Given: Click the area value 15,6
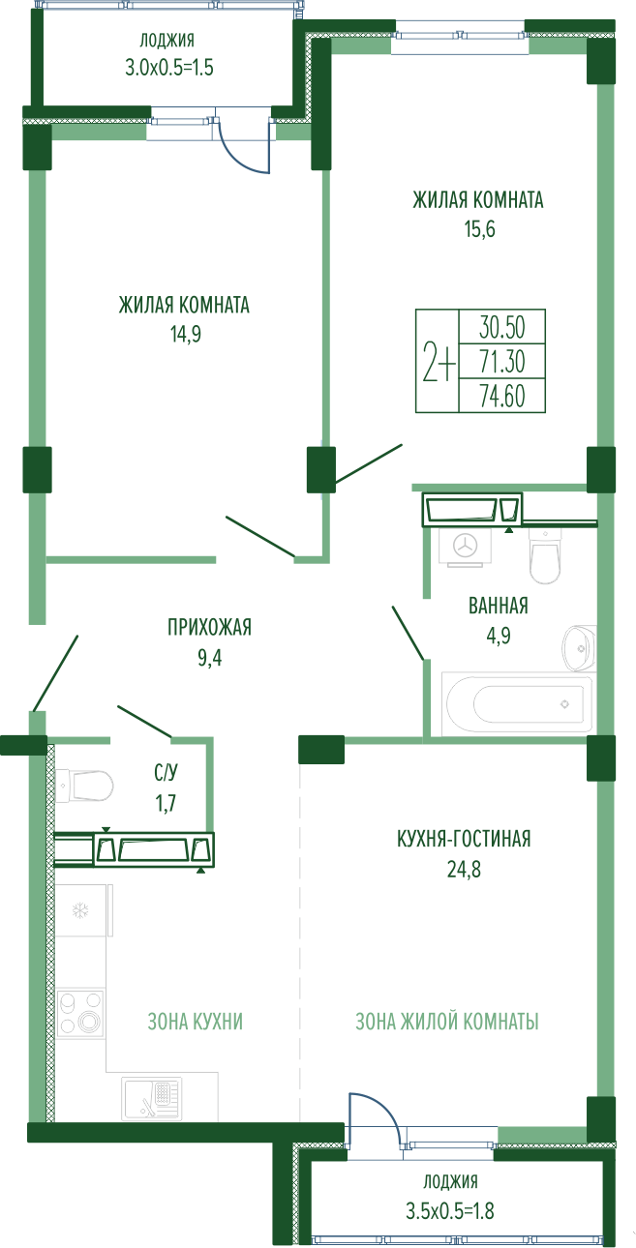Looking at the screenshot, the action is [x=480, y=229].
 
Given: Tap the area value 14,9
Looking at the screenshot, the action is [x=186, y=334].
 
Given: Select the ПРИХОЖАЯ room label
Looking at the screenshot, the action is [x=210, y=627].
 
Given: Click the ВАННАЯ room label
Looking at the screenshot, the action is [x=499, y=606].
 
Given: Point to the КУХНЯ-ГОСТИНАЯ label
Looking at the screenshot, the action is [x=464, y=839].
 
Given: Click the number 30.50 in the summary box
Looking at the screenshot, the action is [x=502, y=327].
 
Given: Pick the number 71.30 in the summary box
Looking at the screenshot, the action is [x=502, y=362].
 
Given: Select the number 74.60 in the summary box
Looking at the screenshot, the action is [x=502, y=396].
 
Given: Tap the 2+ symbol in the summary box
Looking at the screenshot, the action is [x=439, y=362].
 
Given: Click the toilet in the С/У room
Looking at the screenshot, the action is [x=84, y=787].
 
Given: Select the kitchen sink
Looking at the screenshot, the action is [x=152, y=1098].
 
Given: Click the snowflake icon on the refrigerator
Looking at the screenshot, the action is [x=80, y=911].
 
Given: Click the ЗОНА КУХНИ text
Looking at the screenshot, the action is [x=196, y=1022].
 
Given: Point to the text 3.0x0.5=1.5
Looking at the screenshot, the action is [x=168, y=68].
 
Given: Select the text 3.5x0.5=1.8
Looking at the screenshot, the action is [x=450, y=1210].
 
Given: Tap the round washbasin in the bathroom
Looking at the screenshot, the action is [x=579, y=648].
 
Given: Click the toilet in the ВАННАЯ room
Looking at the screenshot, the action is [x=545, y=556].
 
